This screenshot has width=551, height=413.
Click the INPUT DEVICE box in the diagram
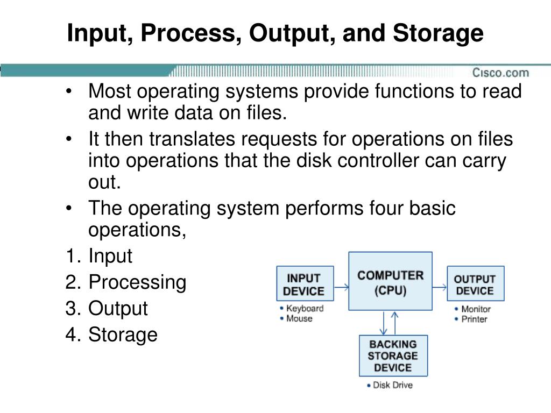pyautogui.click(x=304, y=285)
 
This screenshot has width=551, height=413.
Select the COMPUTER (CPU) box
pyautogui.click(x=390, y=281)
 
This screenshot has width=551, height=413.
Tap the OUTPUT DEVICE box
pyautogui.click(x=475, y=285)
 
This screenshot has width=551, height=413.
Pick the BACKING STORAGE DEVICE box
pyautogui.click(x=393, y=355)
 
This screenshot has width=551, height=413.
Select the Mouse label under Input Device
pyautogui.click(x=299, y=318)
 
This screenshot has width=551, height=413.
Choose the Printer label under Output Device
pyautogui.click(x=474, y=319)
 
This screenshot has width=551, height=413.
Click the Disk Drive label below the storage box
pyautogui.click(x=392, y=386)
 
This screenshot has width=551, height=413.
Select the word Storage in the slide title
pyautogui.click(x=438, y=33)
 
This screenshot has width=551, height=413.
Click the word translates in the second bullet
pyautogui.click(x=192, y=140)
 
